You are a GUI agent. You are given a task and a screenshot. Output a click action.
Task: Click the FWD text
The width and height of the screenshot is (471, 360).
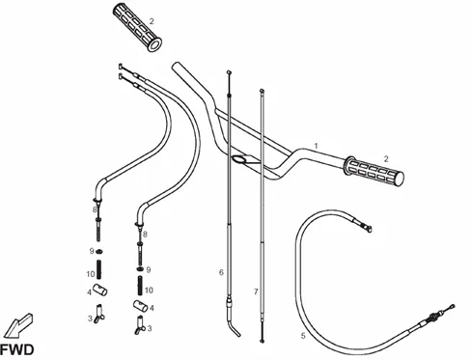[16, 349]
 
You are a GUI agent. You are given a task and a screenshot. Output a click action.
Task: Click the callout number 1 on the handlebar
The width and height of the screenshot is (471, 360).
[316, 146]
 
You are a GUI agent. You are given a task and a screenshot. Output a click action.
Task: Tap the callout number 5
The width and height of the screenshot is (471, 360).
[303, 336]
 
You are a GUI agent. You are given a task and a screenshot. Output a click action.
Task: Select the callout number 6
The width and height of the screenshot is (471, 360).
[221, 272]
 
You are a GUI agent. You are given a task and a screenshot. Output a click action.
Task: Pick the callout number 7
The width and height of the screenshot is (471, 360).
[256, 291]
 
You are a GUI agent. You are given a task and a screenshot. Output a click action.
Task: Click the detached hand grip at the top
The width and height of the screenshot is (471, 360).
[137, 27]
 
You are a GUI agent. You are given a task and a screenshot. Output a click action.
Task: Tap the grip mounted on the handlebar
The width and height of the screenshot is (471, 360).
[374, 172]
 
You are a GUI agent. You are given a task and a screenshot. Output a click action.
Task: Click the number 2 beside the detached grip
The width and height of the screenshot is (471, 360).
[152, 21]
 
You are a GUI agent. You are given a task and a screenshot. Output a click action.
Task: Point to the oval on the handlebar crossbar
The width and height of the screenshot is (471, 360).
[240, 159]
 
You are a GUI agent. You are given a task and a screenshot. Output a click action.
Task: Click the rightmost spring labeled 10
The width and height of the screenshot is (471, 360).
[140, 286]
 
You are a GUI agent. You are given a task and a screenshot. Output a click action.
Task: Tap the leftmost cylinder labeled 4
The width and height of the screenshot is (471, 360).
[100, 290]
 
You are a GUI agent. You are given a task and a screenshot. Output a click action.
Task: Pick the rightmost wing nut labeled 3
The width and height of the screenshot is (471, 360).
[140, 325]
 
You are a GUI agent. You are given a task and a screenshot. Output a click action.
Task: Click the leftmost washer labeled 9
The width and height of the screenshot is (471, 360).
[99, 251]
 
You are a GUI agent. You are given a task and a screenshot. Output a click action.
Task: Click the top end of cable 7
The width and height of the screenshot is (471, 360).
[262, 91]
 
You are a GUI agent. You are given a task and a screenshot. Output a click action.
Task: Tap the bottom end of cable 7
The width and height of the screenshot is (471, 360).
[263, 341]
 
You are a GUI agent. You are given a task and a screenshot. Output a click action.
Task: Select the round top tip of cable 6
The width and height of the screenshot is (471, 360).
[229, 72]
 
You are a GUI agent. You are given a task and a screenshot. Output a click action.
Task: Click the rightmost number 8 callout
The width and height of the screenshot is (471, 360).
[145, 235]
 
